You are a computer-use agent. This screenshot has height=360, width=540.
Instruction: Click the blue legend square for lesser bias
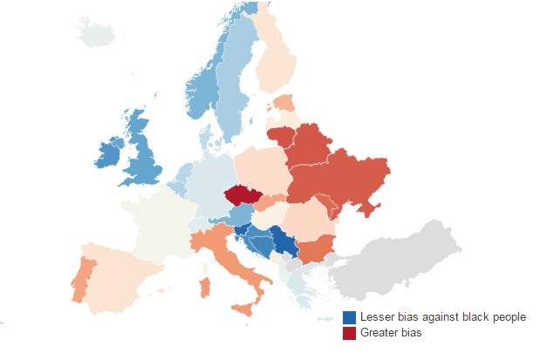[350, 317]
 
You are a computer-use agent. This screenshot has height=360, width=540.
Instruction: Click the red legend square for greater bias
[350, 333]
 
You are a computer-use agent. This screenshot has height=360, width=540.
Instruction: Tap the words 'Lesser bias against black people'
[442, 317]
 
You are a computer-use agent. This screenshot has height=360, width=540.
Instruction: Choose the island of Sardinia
[206, 286]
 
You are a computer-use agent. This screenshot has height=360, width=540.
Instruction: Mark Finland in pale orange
[278, 61]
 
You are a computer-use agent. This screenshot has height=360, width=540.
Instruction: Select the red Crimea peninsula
[370, 209]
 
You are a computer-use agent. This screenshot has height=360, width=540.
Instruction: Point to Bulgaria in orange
[317, 248]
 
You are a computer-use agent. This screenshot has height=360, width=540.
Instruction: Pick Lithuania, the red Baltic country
[279, 136]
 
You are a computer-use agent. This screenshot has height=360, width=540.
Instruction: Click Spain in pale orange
[122, 270]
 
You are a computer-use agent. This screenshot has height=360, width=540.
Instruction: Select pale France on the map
[157, 222]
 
